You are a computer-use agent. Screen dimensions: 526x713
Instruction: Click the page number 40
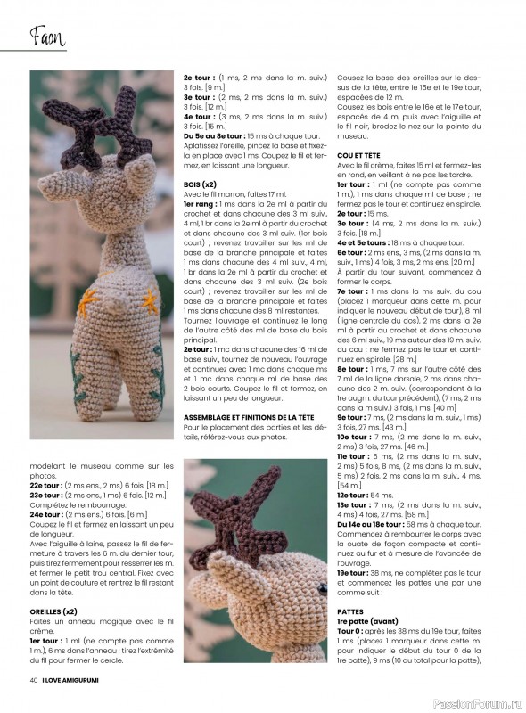coord(32,679)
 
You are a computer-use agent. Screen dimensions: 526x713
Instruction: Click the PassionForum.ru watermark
coord(478,702)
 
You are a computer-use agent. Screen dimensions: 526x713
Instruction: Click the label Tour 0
coord(351,630)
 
